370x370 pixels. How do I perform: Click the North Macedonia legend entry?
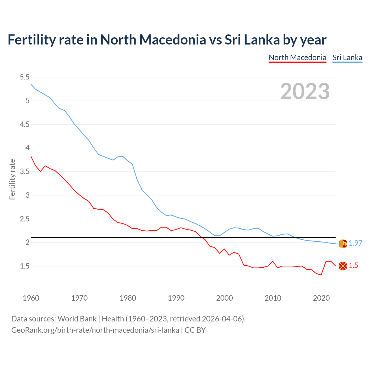[297, 58]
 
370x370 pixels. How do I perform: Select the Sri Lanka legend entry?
[347, 58]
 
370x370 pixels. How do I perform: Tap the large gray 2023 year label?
[305, 91]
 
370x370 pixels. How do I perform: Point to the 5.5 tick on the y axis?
[25, 77]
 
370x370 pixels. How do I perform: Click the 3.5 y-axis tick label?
[25, 172]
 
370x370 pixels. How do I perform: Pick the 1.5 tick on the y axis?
[25, 266]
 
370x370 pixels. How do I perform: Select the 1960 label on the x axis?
[31, 298]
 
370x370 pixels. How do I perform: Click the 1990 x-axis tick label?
[176, 298]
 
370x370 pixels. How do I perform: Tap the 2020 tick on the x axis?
[321, 298]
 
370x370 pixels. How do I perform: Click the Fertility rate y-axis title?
[12, 179]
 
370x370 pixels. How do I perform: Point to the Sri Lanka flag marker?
[343, 244]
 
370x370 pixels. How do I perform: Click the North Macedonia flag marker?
[343, 266]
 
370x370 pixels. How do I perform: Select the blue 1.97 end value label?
[355, 243]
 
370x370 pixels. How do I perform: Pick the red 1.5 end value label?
[353, 266]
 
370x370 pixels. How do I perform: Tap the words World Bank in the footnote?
[77, 319]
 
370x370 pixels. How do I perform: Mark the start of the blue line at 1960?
[31, 84]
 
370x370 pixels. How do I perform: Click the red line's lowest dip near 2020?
[321, 275]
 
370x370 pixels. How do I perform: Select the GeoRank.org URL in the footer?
[95, 330]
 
